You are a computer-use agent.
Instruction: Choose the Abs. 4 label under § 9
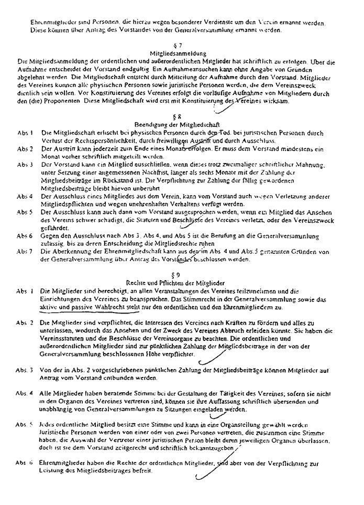coord(25,393)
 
